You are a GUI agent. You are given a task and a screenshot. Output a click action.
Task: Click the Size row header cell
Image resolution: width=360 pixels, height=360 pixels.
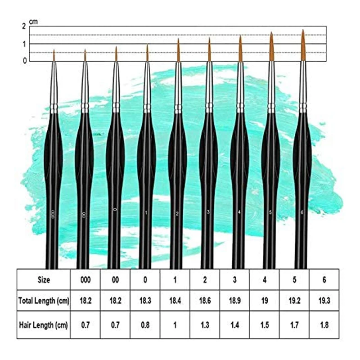point(44,279)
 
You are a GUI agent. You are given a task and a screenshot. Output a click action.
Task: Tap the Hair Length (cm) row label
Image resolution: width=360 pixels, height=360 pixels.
point(44,324)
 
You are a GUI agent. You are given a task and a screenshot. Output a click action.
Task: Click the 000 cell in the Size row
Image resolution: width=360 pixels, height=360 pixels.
point(85,279)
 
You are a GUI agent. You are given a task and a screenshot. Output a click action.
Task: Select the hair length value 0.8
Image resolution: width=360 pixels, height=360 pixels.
point(145,324)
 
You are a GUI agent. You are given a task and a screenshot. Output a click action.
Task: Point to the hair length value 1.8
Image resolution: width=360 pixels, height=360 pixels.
point(324,324)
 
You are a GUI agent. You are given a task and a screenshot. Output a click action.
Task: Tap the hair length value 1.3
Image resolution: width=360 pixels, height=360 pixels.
point(205,324)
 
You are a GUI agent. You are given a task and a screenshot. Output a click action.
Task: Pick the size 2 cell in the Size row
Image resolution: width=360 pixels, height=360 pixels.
point(205,279)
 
